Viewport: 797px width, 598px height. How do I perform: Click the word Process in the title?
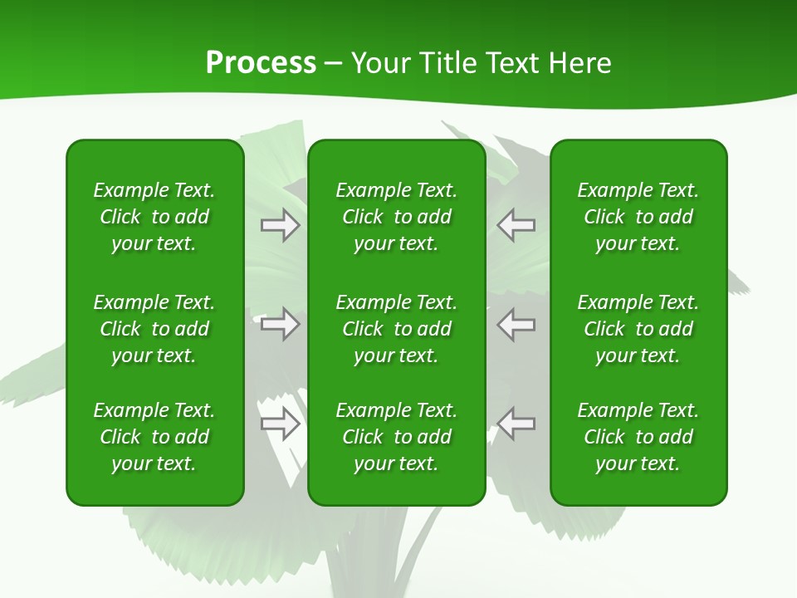[x=261, y=62]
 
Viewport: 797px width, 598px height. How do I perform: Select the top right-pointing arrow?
[x=280, y=225]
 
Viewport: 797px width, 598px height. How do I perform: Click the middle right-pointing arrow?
[x=280, y=324]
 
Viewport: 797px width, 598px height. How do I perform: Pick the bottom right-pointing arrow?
[x=280, y=424]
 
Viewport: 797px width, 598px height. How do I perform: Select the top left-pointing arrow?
[x=516, y=225]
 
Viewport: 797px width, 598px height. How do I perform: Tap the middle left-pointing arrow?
[x=516, y=324]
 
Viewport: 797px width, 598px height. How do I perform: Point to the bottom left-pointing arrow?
[x=516, y=424]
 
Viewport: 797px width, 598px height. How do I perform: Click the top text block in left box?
[x=154, y=217]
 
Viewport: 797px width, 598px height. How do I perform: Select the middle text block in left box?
[x=154, y=329]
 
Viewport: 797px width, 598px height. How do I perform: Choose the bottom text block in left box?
[x=154, y=437]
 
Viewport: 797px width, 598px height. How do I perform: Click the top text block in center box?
[x=397, y=217]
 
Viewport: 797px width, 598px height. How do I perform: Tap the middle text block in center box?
[x=397, y=329]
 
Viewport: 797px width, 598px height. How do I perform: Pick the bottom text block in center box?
[x=397, y=437]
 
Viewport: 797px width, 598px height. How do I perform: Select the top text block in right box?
[x=638, y=217]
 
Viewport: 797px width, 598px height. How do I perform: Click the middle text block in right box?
[x=638, y=329]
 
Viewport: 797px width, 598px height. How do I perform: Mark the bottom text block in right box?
[x=638, y=437]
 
